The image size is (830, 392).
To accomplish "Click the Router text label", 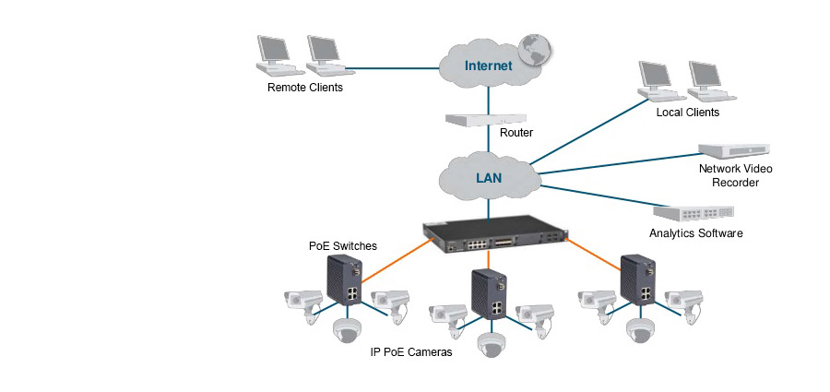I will click(516, 133).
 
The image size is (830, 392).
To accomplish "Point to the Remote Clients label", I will click(304, 89).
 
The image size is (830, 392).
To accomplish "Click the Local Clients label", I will click(687, 113).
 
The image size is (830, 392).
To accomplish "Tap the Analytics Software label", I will click(695, 233).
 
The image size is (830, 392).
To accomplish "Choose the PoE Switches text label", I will click(342, 246).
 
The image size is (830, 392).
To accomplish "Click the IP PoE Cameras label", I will click(411, 352).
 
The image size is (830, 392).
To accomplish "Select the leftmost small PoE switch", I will click(348, 282).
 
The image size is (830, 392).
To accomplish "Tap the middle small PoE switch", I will click(490, 294).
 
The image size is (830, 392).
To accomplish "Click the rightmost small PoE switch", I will click(636, 279).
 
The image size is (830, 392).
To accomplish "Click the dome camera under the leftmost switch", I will click(349, 329).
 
